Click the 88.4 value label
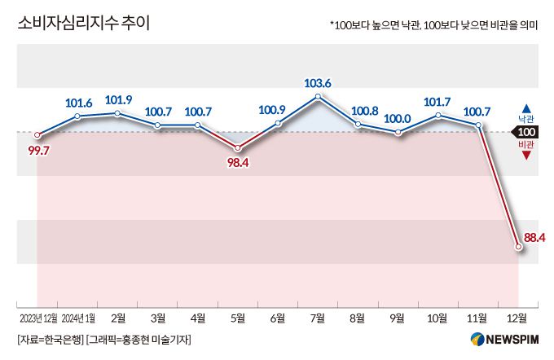coord(534,237)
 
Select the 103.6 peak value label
coord(318,82)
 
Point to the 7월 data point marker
coord(319,97)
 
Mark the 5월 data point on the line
coord(238,147)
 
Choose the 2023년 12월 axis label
coord(37,316)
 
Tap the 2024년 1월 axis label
coord(79,316)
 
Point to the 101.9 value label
coord(119,100)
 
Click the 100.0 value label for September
coord(397,118)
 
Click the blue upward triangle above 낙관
coord(526,108)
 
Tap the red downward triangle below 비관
coord(526,155)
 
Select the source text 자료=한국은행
coord(50,339)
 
